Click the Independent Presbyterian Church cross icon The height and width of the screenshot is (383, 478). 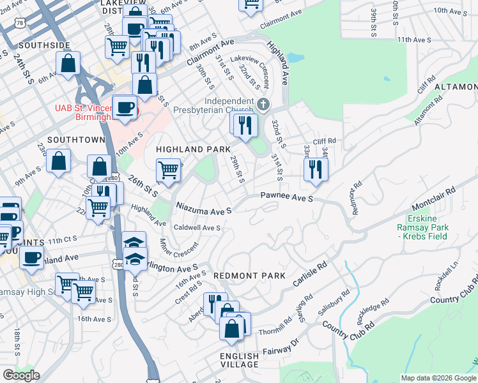pos(263,104)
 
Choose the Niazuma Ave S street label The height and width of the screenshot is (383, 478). pos(203,207)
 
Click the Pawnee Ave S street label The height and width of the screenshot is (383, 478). pos(286,199)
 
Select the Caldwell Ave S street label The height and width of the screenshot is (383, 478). pos(197,228)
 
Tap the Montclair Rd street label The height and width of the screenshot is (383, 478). pos(433,199)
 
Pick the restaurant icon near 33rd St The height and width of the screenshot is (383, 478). pos(315,169)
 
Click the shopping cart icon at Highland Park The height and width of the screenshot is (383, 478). pos(167,170)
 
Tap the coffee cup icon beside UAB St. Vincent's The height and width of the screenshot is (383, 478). pos(124,107)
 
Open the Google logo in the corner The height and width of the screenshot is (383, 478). pos(20,375)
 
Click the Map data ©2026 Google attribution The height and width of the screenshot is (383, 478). pos(438,378)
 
